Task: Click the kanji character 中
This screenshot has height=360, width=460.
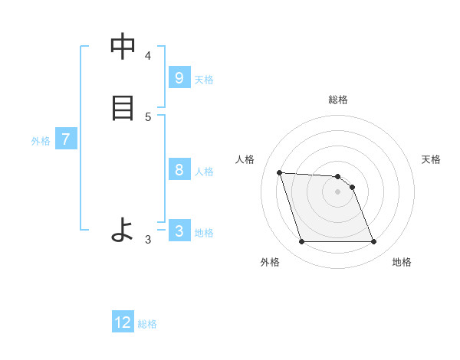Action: (x=123, y=47)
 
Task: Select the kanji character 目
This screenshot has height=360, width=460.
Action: (x=123, y=107)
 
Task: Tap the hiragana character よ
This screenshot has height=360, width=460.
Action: (x=123, y=230)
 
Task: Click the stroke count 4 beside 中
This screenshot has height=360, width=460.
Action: (x=148, y=55)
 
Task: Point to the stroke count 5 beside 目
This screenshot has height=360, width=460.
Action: (x=148, y=116)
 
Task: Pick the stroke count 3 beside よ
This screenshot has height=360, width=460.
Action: (x=148, y=240)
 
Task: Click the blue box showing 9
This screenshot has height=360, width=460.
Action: (x=179, y=78)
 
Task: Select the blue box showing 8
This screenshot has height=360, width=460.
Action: (x=179, y=170)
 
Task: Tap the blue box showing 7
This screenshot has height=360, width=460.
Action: (x=66, y=139)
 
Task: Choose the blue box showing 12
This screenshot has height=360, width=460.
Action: (x=123, y=322)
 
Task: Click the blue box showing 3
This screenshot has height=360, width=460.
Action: (x=179, y=231)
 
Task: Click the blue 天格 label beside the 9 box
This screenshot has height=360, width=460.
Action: (x=204, y=80)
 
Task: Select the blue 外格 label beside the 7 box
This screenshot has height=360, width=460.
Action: (x=41, y=141)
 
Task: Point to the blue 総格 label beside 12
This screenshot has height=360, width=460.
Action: (x=147, y=324)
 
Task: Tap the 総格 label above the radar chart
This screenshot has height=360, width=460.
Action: (x=338, y=100)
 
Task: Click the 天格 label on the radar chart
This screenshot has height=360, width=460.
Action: (x=431, y=159)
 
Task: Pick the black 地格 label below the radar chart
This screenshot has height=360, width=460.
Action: (x=402, y=262)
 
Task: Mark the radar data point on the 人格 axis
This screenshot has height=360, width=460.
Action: (x=279, y=172)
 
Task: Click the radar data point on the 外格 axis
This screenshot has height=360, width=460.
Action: (x=301, y=242)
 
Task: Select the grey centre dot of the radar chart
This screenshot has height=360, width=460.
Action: (x=338, y=191)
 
